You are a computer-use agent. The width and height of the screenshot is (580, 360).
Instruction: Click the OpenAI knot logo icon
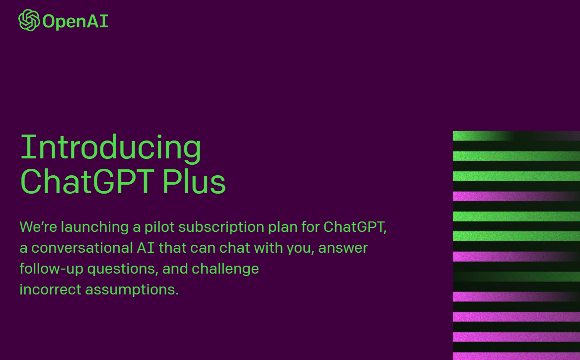tap(29, 20)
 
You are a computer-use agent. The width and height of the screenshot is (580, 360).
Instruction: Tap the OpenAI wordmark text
tap(75, 21)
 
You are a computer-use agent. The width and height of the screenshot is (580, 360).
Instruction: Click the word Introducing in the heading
tap(111, 147)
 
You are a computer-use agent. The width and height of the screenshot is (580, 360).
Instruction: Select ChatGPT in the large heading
tap(87, 181)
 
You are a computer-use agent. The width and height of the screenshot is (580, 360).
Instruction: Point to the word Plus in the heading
tap(194, 181)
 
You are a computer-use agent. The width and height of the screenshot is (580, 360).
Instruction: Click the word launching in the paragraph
tap(95, 227)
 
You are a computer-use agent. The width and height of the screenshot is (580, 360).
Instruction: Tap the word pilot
tap(159, 227)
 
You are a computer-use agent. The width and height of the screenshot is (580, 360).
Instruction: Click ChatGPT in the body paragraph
tap(355, 227)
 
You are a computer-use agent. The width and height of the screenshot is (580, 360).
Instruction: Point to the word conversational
tap(82, 248)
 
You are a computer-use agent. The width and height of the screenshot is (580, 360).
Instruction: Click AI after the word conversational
tap(145, 248)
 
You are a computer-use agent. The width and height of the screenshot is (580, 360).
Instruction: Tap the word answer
tap(343, 248)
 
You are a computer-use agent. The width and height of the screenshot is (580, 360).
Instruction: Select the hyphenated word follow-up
tap(52, 269)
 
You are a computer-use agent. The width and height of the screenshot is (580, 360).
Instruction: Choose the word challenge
tap(225, 269)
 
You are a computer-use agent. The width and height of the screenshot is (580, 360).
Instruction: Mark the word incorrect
tap(50, 289)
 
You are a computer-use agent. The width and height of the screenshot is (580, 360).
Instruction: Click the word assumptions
tap(132, 290)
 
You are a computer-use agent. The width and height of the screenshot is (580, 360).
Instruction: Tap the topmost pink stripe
tap(516, 196)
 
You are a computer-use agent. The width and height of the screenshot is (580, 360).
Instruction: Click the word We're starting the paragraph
tap(38, 227)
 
